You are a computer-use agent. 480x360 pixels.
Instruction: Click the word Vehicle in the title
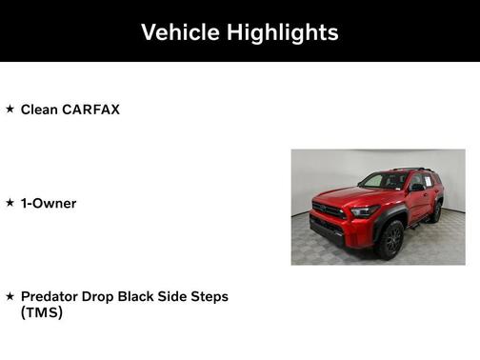180,32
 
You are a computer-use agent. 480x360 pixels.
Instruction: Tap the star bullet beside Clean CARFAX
10,110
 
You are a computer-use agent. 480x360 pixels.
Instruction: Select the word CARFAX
91,110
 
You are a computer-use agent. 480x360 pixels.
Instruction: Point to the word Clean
39,110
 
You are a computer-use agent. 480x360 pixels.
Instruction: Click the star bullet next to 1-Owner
10,203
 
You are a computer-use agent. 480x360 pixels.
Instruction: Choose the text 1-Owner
49,203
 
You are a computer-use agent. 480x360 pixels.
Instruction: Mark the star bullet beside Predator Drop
10,296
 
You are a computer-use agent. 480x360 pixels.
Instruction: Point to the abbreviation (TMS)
42,311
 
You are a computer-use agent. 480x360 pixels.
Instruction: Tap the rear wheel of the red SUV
436,212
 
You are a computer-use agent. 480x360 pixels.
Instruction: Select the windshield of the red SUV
385,181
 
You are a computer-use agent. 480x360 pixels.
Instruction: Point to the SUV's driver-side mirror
416,187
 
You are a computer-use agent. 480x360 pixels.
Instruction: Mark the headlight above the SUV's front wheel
365,212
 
